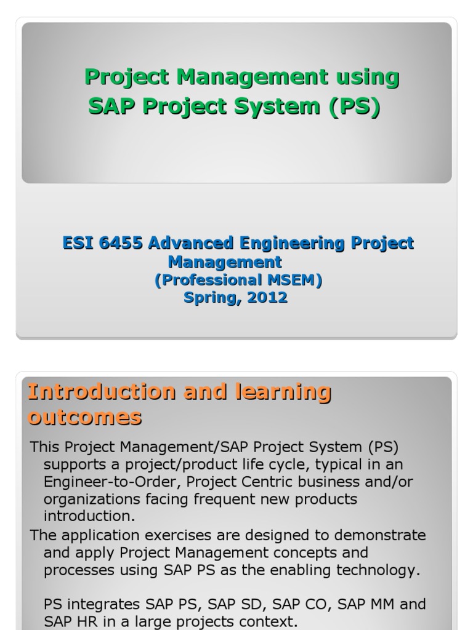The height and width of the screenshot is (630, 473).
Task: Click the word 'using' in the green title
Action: [368, 78]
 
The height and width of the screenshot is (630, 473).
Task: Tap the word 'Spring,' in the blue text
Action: [210, 298]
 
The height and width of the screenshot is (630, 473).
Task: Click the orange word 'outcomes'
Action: [84, 418]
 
